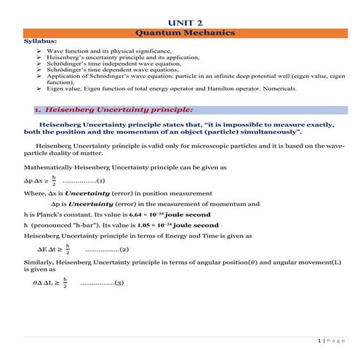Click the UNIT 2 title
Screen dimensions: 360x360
(180, 23)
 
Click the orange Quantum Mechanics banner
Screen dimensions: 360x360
(180, 33)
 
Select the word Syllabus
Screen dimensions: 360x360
(37, 42)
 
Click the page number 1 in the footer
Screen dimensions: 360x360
(319, 340)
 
